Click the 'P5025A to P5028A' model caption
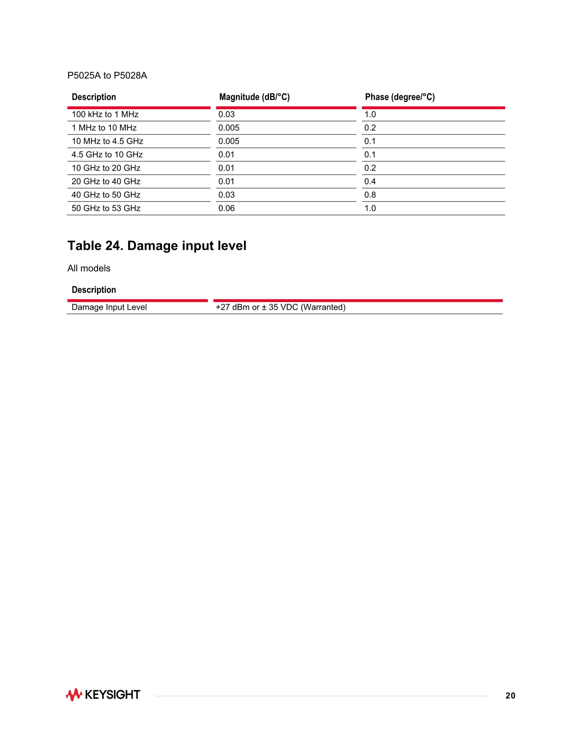point(107,76)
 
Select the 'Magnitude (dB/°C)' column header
point(254,97)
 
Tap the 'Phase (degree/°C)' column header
point(400,97)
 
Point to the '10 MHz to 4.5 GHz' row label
point(107,141)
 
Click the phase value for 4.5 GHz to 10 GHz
point(370,155)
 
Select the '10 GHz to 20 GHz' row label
point(106,168)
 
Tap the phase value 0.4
point(370,181)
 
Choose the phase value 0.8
point(370,195)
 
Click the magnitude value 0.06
point(226,208)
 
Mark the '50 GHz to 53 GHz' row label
point(106,208)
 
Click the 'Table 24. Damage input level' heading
point(157,246)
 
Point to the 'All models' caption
point(89,268)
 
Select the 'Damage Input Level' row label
point(109,307)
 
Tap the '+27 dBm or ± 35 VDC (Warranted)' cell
point(281,307)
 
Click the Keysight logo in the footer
point(103,695)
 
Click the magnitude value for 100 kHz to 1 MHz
point(226,114)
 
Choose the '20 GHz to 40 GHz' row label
point(106,181)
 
